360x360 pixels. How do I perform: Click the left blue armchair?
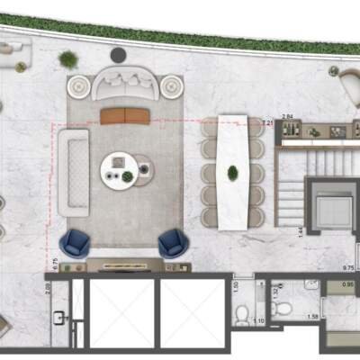point(76,243)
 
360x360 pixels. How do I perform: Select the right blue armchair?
point(172,243)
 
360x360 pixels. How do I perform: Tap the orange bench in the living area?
point(124,115)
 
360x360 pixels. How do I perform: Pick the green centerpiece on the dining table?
point(233,171)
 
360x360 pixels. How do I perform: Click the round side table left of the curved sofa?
point(78,86)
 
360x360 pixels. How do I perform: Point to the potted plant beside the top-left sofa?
point(68,59)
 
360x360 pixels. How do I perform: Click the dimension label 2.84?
point(288,117)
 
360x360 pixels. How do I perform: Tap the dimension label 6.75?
point(56,263)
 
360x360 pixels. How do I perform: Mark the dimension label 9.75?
point(347,267)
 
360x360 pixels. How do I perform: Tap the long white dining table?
point(233,171)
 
